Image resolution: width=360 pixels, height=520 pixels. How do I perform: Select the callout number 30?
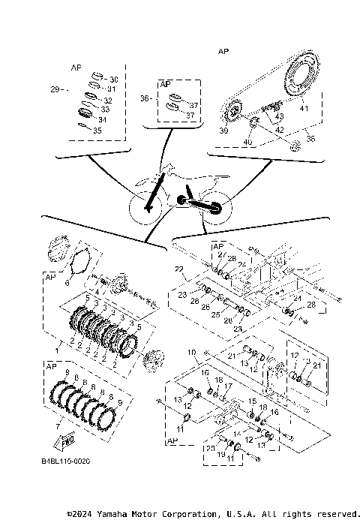113,79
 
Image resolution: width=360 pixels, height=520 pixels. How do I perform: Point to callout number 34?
102,119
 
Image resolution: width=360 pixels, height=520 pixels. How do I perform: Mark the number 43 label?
280,117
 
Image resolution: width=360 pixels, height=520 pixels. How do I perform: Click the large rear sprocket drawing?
307,87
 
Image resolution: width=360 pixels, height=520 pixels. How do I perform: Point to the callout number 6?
67,283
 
